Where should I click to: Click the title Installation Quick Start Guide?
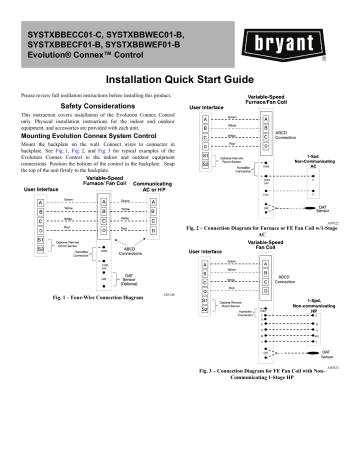pyautogui.click(x=179, y=76)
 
